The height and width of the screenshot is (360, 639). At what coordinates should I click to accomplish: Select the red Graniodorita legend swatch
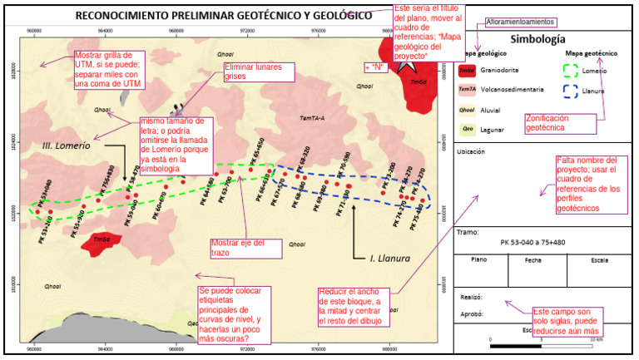pyautogui.click(x=467, y=72)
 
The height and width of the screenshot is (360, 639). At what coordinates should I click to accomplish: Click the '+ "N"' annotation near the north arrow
pyautogui.click(x=377, y=67)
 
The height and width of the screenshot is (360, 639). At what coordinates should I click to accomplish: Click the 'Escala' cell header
pyautogui.click(x=600, y=259)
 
